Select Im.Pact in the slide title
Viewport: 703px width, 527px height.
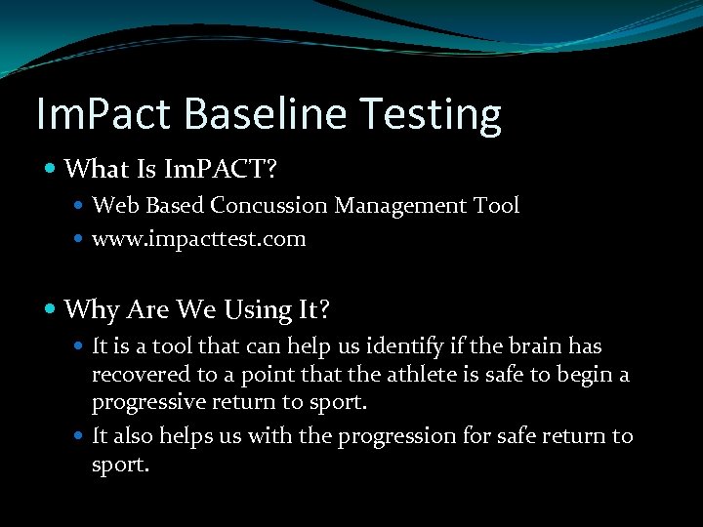[103, 114]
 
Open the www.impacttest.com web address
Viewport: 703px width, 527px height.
[198, 239]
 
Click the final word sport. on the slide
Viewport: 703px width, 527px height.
[120, 466]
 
